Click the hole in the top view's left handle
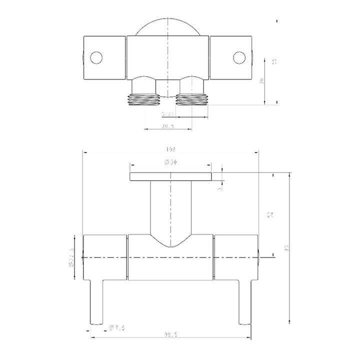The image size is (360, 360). [96, 57]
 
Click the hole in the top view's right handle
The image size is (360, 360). [239, 57]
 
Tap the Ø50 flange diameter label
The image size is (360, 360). [170, 162]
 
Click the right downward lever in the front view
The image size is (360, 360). [244, 302]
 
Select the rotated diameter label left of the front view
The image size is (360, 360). [72, 257]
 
